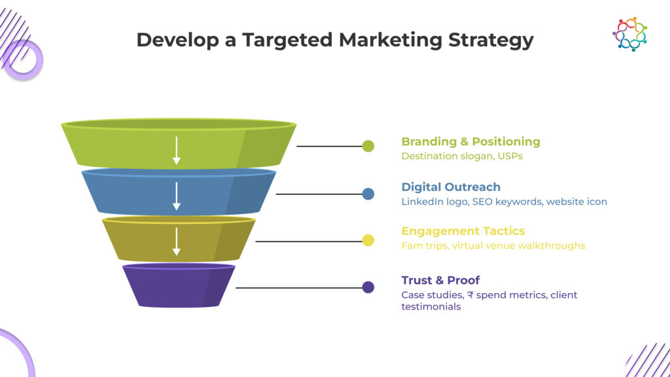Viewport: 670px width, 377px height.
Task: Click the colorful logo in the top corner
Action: click(630, 34)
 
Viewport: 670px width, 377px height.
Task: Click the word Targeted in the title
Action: click(287, 40)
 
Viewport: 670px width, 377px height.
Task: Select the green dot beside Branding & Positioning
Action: click(368, 146)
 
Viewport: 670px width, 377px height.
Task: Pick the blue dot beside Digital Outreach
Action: click(368, 194)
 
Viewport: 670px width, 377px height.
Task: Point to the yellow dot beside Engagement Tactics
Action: click(368, 241)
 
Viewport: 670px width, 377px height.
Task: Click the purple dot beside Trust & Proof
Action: click(368, 287)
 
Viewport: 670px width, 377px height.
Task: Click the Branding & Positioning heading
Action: click(471, 141)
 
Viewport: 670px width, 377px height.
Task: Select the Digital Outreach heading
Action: click(451, 187)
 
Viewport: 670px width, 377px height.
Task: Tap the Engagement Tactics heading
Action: click(463, 231)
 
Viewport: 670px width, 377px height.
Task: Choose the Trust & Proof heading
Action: click(440, 280)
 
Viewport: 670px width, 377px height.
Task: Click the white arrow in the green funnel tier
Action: click(177, 151)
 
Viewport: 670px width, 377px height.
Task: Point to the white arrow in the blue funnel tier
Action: click(177, 196)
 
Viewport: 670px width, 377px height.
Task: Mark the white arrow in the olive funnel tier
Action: click(177, 242)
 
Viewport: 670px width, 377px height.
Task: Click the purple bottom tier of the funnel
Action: click(179, 285)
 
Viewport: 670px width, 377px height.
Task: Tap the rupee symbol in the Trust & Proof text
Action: click(470, 295)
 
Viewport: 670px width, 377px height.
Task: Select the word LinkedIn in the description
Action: click(422, 202)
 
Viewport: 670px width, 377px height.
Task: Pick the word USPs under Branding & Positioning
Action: click(510, 156)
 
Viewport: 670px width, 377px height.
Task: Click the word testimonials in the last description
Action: click(431, 306)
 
